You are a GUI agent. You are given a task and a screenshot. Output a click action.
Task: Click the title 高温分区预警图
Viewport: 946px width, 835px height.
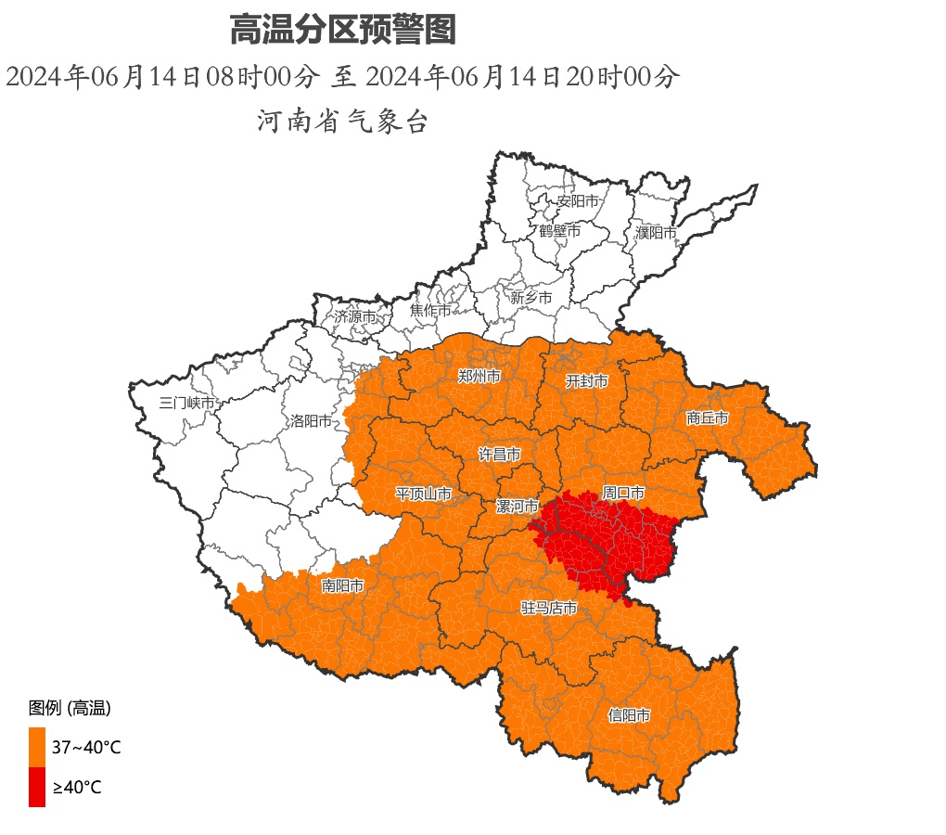(x=342, y=31)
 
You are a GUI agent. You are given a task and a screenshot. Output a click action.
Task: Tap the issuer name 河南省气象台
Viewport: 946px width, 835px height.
(x=342, y=121)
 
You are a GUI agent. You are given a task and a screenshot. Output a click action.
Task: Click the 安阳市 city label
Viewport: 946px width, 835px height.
(x=577, y=201)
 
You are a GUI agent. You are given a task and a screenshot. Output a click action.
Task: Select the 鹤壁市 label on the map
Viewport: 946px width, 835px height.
(x=559, y=231)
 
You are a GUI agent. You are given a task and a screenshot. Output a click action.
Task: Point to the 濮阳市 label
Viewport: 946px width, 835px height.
(x=656, y=233)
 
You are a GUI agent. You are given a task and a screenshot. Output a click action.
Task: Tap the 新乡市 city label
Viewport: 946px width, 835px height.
(x=531, y=298)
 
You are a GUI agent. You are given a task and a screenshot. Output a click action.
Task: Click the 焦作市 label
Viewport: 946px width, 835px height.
(x=430, y=311)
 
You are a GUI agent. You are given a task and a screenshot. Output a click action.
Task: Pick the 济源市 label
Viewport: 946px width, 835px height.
(x=355, y=316)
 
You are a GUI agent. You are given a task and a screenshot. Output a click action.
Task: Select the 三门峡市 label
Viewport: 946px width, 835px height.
(x=186, y=403)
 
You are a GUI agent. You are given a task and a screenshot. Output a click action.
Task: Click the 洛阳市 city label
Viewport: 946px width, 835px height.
(x=311, y=421)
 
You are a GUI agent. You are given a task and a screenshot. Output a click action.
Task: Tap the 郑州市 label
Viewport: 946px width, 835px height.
(x=479, y=377)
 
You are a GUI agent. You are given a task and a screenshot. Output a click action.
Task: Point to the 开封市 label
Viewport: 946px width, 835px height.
(x=587, y=381)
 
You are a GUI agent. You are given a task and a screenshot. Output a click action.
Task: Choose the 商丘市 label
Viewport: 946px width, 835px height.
(x=708, y=418)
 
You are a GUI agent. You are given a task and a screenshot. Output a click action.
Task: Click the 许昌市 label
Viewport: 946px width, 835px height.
(x=499, y=455)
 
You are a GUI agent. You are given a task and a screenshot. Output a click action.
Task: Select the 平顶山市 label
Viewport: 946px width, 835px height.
(x=424, y=494)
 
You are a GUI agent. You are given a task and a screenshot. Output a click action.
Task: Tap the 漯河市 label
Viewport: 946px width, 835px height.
(x=517, y=507)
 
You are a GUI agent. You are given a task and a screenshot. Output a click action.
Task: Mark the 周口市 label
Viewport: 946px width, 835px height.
(x=623, y=493)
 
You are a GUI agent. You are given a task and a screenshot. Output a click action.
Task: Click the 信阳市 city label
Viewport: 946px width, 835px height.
(x=629, y=715)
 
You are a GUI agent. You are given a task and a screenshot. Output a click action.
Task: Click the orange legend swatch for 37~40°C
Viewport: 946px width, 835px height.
(x=37, y=747)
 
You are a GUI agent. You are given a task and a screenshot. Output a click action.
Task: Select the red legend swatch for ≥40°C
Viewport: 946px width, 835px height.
(x=37, y=787)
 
